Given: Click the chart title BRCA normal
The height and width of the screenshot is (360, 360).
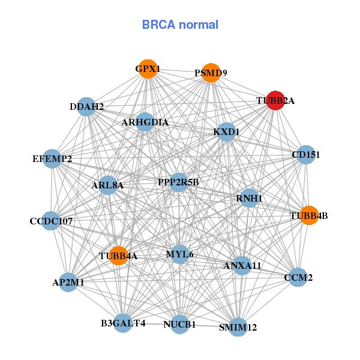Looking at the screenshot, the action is pos(180,25).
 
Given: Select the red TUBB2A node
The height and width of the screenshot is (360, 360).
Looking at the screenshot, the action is pos(275,101).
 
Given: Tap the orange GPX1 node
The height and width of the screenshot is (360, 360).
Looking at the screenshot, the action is pos(148,69).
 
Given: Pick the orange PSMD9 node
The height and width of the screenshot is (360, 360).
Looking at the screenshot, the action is pos(211,73).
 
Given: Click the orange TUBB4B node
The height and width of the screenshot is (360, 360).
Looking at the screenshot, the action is pos(308,215).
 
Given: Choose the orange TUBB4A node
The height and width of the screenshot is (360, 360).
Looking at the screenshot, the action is pos(118,256).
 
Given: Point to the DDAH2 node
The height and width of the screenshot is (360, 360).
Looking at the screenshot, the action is pos(86,107).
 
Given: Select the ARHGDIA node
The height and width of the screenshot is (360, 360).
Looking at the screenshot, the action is pos(145,122).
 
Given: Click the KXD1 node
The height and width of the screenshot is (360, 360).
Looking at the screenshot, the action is pos(226,131).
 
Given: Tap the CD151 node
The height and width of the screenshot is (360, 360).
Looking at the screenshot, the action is pos(306,155).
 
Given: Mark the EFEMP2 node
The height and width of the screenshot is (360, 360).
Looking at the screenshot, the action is pos(52,159).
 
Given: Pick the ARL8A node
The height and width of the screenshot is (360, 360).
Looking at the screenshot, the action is pos(108,185).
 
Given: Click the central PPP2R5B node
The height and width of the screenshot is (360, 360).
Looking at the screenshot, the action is pos(179,182).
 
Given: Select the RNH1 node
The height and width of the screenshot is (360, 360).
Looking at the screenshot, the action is pos(249,198).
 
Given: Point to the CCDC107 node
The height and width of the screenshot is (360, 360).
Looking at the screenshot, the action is pos(52,221).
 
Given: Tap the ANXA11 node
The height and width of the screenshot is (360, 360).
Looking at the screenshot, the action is pos(242,265).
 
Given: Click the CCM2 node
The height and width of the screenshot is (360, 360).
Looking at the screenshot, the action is pos(298,277).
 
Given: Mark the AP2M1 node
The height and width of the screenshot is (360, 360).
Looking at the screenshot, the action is pos(68,282).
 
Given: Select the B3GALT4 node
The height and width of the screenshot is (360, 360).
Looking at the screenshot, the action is pos(122,323).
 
